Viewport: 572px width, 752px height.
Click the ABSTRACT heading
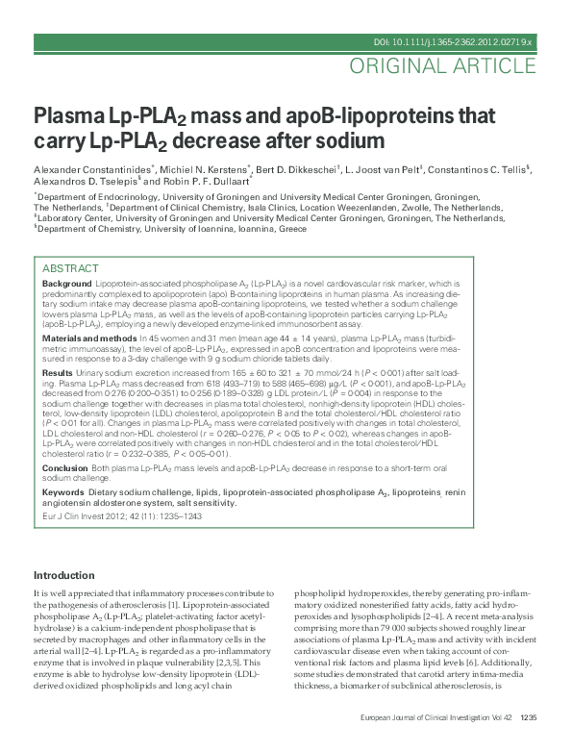70,267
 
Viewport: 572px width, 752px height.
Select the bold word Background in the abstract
66,286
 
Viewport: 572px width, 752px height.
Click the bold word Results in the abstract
57,371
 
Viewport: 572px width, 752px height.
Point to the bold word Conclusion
65,467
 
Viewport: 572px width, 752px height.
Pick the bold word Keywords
63,491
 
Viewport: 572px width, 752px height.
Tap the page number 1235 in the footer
528,743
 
